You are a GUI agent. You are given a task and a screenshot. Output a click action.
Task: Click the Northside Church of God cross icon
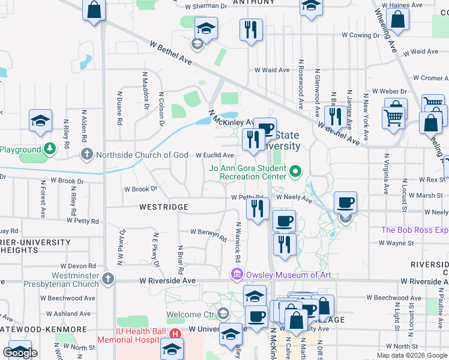coord(88,155)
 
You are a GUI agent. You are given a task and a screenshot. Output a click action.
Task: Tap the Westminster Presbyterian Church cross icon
coord(108,278)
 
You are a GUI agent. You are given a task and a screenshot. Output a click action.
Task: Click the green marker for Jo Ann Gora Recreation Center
coord(295,172)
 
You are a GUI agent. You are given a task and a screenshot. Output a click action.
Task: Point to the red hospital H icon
coord(175,334)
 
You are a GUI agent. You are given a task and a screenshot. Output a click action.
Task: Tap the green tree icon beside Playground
coord(50,148)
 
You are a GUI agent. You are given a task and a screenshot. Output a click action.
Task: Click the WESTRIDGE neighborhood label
coord(164,207)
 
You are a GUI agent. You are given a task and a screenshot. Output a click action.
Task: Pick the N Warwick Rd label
coord(238,242)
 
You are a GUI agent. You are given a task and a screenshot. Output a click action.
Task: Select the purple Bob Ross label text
coord(414,230)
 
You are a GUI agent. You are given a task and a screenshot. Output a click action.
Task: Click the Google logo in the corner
coord(20,353)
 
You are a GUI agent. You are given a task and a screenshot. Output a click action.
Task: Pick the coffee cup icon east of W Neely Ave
coord(345,203)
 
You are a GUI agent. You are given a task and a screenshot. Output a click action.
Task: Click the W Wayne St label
coord(396,243)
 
